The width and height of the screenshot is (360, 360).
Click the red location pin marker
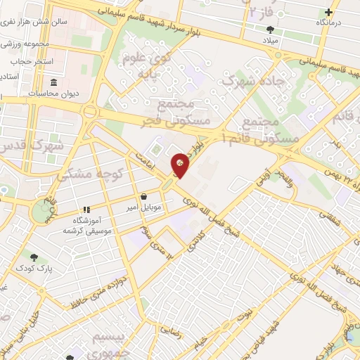click(181, 165)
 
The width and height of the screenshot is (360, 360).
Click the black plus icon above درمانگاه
click(329, 12)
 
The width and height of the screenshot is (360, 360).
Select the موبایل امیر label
click(146, 208)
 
